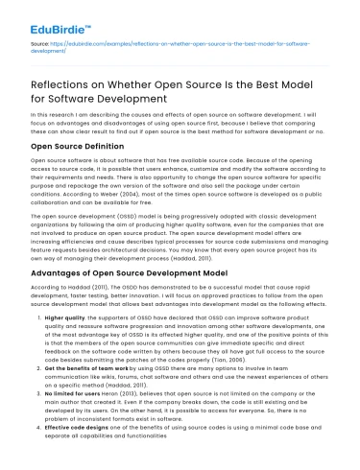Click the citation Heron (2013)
(x=139, y=419)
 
